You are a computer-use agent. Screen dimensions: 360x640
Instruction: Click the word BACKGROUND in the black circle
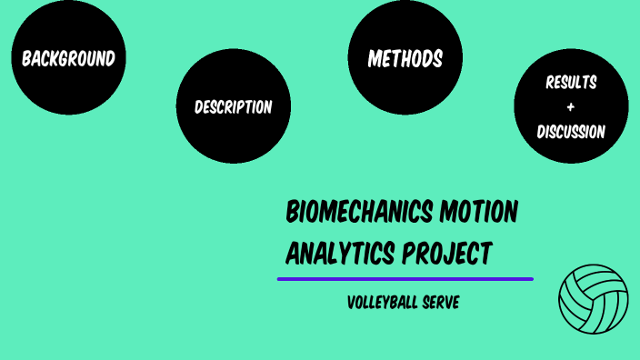point(68,59)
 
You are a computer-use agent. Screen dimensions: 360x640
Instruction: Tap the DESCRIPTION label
point(233,107)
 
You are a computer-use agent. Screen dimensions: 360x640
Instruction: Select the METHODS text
point(405,59)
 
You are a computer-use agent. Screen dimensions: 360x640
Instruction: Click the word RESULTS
point(571,83)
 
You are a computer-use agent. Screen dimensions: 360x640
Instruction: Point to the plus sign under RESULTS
point(571,107)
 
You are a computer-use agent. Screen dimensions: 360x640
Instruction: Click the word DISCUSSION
point(571,132)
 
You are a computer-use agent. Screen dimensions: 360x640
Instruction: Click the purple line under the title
point(405,279)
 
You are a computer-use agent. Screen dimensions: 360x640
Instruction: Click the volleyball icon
point(593,299)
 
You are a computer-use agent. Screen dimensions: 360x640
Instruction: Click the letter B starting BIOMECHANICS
point(293,213)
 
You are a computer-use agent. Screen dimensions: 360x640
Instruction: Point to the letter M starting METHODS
point(374,59)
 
